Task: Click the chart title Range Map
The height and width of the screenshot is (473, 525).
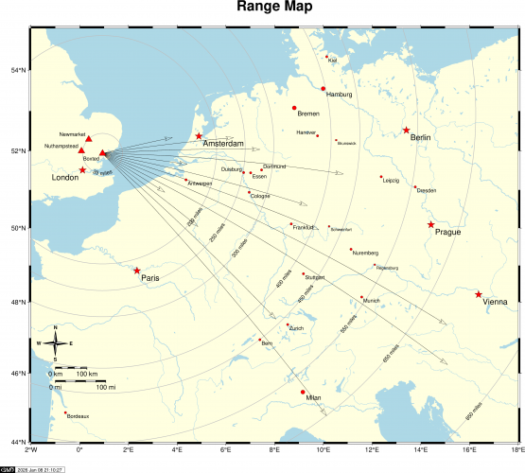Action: coord(262,9)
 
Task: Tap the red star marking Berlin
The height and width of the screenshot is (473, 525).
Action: coord(407,131)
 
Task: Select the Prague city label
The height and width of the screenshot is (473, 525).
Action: coord(447,232)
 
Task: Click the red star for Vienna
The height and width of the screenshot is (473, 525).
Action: coord(479,294)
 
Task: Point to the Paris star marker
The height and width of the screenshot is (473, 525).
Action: coord(137,271)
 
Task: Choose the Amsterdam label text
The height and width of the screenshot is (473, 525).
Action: coord(223,144)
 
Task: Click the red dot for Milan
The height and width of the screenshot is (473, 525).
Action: coord(303,392)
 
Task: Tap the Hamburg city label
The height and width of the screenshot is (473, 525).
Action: coord(339,95)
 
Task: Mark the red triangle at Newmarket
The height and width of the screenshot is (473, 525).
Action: coord(89,140)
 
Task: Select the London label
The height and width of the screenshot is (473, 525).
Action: coord(64,178)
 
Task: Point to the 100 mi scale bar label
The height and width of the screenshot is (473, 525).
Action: coord(106,387)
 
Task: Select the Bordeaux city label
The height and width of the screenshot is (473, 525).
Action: coord(79,416)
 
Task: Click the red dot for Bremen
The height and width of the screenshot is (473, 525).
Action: coord(294,108)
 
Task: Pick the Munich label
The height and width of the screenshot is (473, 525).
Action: coord(371,301)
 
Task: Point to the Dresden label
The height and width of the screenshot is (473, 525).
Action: coord(427,190)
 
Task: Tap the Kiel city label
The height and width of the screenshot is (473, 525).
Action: coord(332,61)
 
